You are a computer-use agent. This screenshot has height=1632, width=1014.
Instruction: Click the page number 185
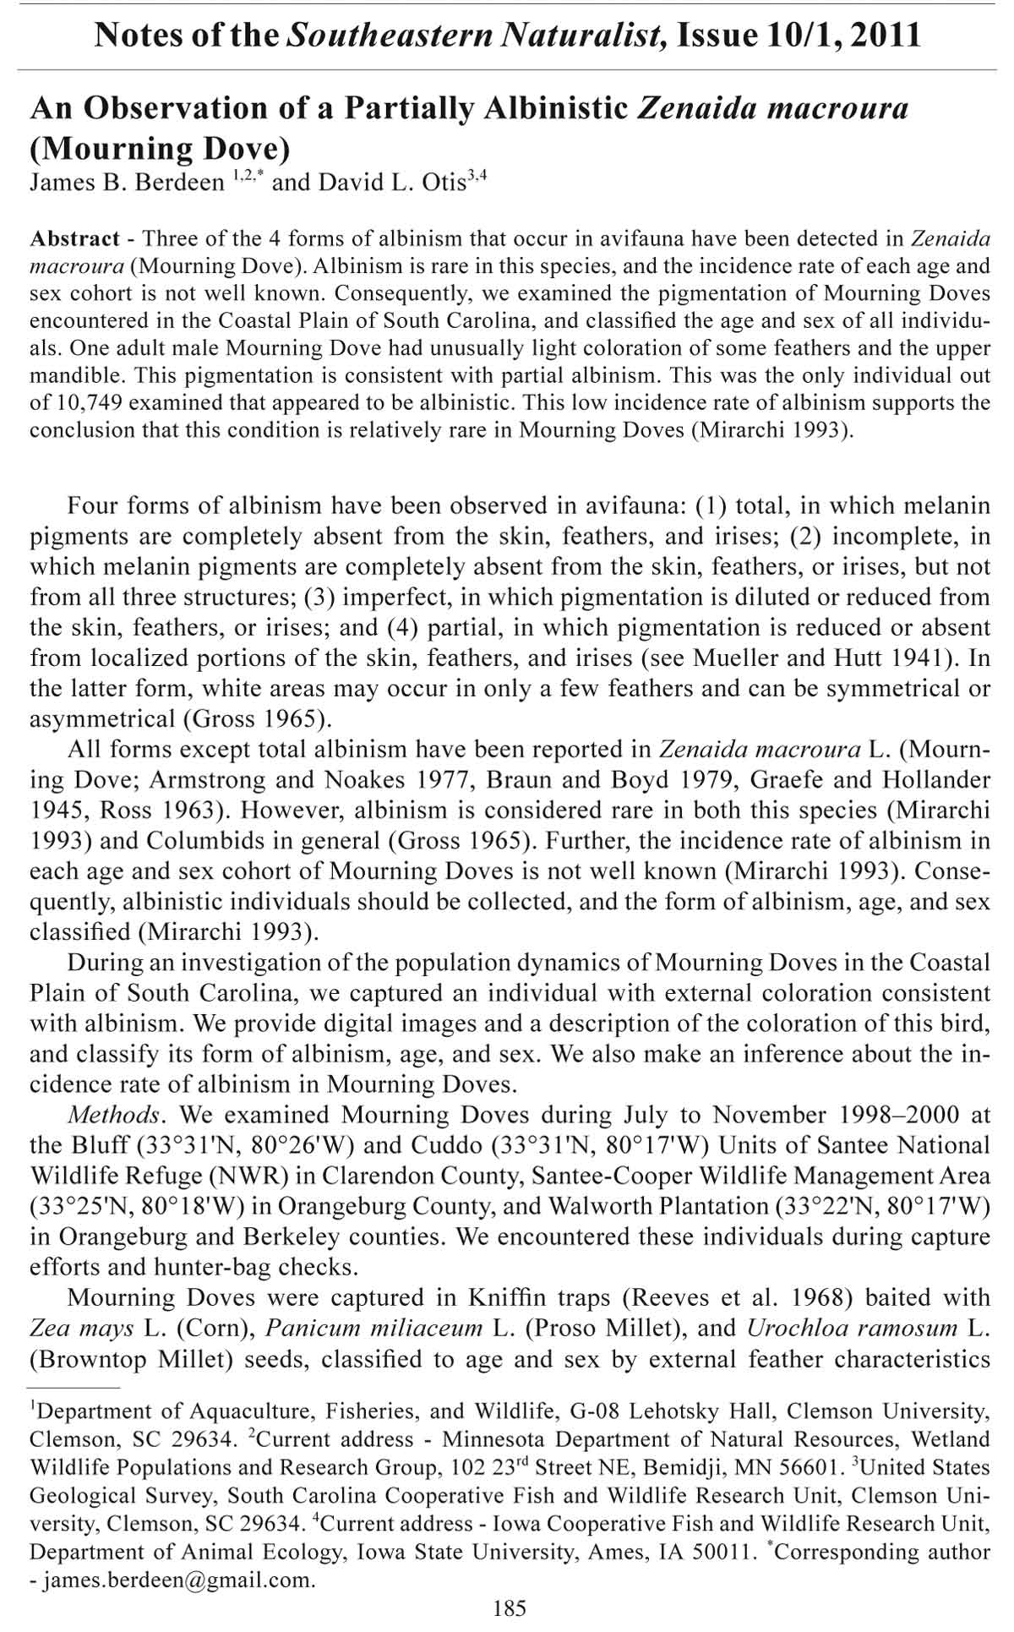coord(509,1607)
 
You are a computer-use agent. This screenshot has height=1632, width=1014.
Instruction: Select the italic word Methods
coord(113,1115)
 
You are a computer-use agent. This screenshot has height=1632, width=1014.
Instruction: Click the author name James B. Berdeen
coord(127,183)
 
